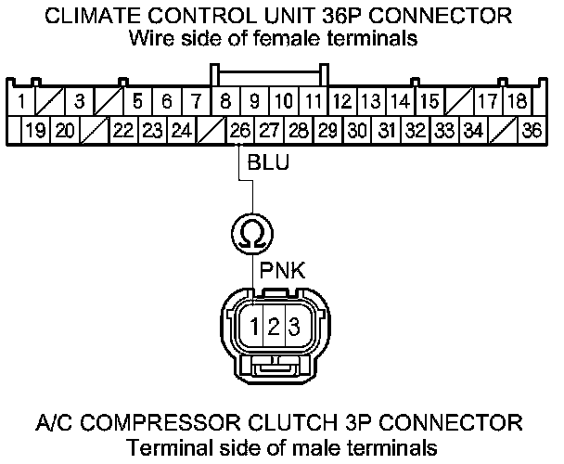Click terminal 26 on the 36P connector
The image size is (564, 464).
click(x=239, y=131)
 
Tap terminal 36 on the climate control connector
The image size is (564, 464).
click(x=532, y=131)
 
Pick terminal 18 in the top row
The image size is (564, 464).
click(x=518, y=101)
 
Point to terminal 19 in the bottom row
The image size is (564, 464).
click(x=36, y=131)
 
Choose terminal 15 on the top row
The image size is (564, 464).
click(x=429, y=101)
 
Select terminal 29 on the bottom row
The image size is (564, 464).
click(x=327, y=131)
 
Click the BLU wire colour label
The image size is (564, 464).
click(x=269, y=164)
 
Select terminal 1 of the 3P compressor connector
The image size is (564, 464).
click(x=252, y=327)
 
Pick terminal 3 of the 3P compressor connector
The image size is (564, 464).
click(x=292, y=327)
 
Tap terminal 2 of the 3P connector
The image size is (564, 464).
click(x=273, y=327)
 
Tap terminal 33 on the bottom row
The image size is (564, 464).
click(x=444, y=131)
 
